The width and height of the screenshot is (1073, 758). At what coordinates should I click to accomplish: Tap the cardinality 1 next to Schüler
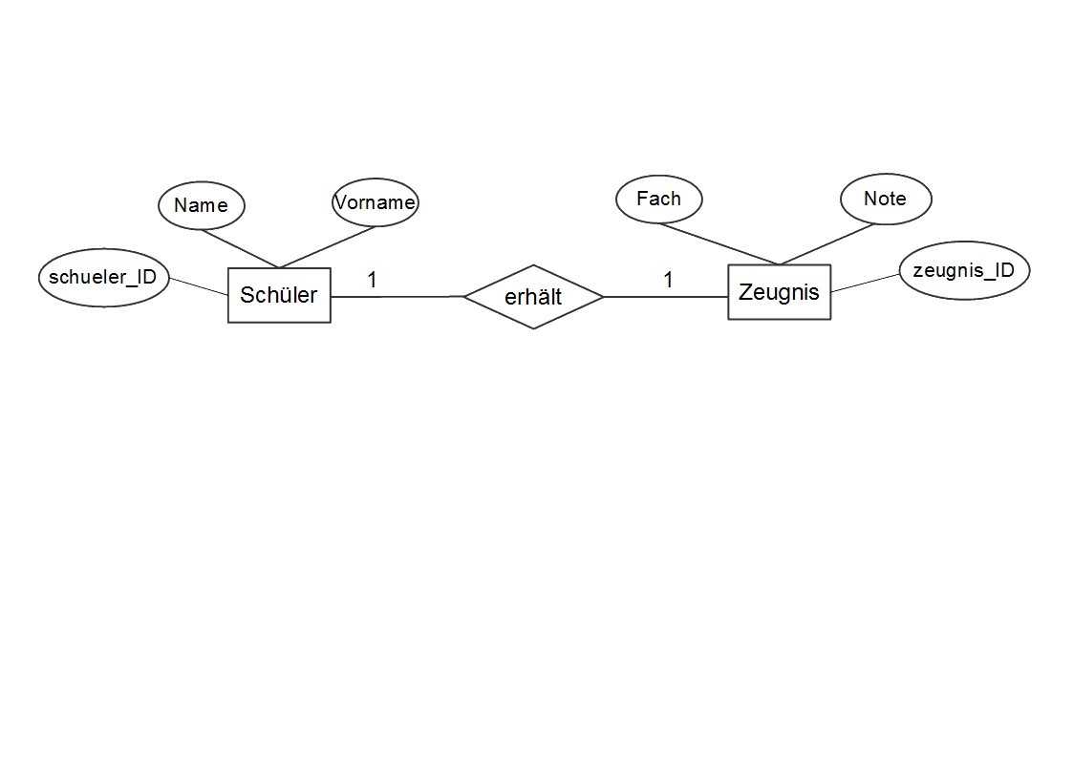(x=373, y=280)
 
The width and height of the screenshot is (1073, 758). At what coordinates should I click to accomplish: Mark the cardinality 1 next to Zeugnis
(x=669, y=280)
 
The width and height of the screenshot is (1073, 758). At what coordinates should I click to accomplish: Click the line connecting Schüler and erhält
(x=397, y=297)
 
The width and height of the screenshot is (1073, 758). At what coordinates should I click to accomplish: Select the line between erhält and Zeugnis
(x=666, y=297)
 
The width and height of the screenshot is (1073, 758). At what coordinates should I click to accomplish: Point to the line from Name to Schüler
(x=240, y=249)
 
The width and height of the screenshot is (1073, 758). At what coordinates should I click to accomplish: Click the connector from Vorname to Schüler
(x=327, y=247)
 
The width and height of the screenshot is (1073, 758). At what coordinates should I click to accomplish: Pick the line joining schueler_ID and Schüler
(x=199, y=286)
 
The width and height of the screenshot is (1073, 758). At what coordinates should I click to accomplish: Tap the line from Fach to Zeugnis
(x=719, y=244)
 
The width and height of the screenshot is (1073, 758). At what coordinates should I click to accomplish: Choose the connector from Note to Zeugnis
(x=827, y=244)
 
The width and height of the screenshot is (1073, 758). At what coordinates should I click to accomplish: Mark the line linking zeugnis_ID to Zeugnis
(x=866, y=283)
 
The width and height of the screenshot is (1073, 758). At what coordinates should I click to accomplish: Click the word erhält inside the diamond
(x=533, y=297)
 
